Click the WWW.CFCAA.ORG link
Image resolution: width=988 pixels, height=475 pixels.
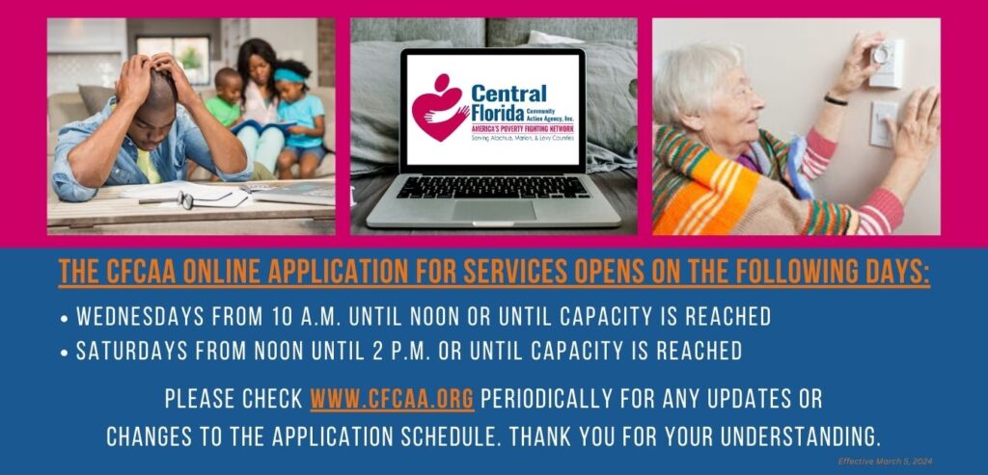pyautogui.click(x=393, y=399)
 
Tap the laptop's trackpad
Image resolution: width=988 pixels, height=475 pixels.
pyautogui.click(x=493, y=209)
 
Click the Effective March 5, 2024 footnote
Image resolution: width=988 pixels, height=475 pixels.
pyautogui.click(x=885, y=462)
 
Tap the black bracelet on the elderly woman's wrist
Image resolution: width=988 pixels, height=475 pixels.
pyautogui.click(x=836, y=100)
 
